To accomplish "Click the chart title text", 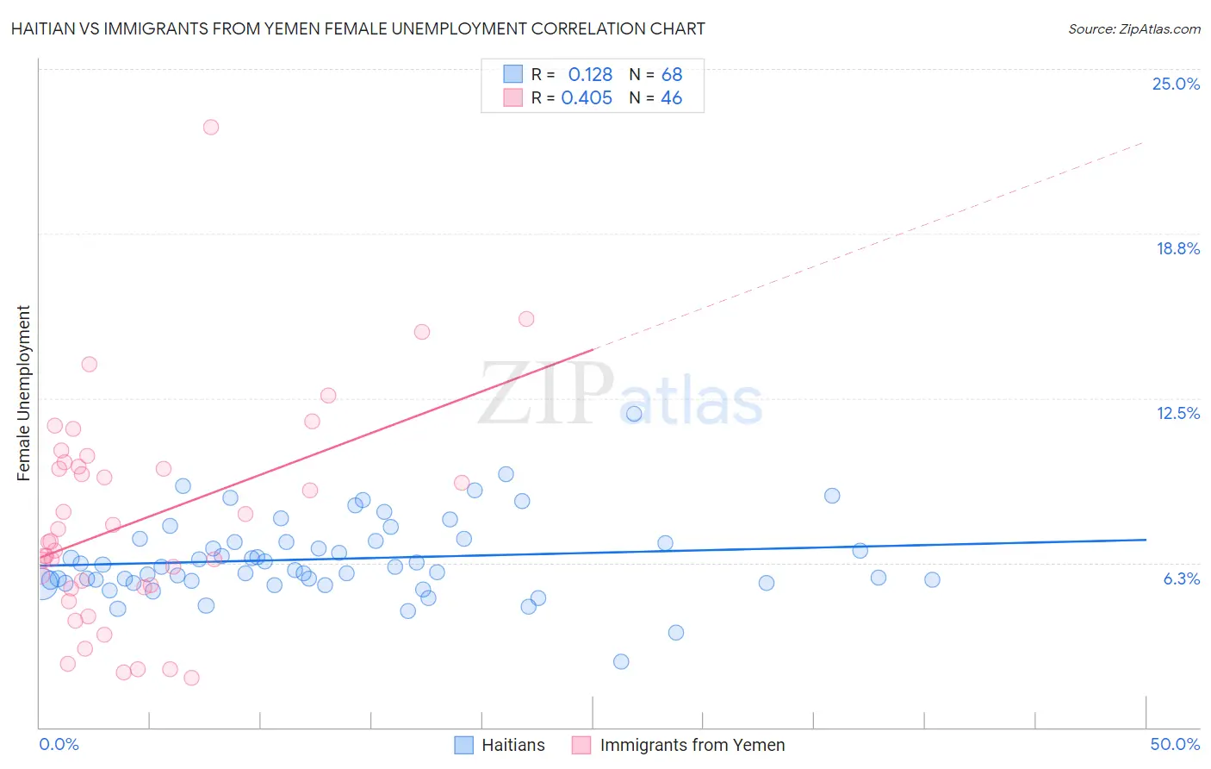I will tap(358, 29).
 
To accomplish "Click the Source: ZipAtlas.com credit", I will tap(1133, 29).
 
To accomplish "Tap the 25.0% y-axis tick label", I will tap(1176, 84).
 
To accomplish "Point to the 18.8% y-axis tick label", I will tap(1177, 248).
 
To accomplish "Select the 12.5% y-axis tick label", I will tap(1177, 413).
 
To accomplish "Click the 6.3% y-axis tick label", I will tap(1181, 578).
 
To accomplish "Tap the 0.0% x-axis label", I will tap(59, 744).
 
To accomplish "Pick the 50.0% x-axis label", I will tap(1175, 744).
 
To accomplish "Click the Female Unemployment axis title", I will tap(23, 393).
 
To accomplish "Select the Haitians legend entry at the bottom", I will tap(500, 745).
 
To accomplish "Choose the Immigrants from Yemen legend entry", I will tap(679, 745).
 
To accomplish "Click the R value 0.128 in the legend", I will tap(590, 75).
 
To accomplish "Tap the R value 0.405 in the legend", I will tap(587, 98).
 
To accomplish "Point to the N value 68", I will tap(672, 75).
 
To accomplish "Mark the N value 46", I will tap(672, 98).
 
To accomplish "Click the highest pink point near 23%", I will tap(211, 127).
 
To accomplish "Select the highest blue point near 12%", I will tap(634, 414).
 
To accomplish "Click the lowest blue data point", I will tap(621, 662).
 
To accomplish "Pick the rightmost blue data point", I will tap(932, 579).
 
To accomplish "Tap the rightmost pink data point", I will tap(526, 319).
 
